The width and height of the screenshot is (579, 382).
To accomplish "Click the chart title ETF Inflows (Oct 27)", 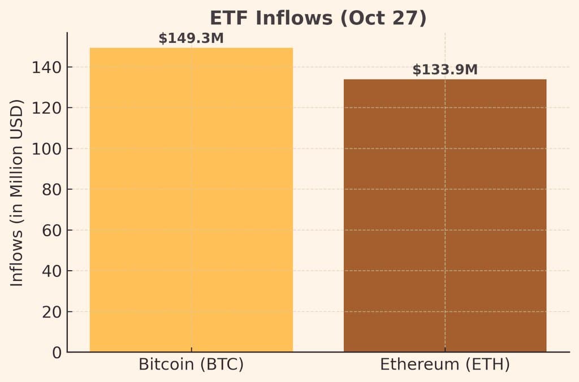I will [318, 18].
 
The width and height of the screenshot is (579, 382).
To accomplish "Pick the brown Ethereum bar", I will [445, 215].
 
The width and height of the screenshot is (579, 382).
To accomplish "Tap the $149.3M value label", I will [191, 38].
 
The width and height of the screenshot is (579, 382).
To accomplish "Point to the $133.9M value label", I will [445, 70].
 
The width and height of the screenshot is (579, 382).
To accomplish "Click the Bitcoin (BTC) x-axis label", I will [191, 364].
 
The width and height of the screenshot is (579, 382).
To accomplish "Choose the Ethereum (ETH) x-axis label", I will [445, 364].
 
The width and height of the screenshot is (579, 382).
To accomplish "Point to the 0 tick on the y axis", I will [57, 353].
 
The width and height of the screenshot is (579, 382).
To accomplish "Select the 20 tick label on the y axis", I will [51, 312].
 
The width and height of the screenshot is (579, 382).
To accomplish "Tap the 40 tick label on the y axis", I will [51, 271].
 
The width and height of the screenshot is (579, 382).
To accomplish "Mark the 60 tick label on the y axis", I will [51, 231].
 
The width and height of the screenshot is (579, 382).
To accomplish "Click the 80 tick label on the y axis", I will [51, 189].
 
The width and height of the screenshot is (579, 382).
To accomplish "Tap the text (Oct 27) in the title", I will [382, 18].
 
